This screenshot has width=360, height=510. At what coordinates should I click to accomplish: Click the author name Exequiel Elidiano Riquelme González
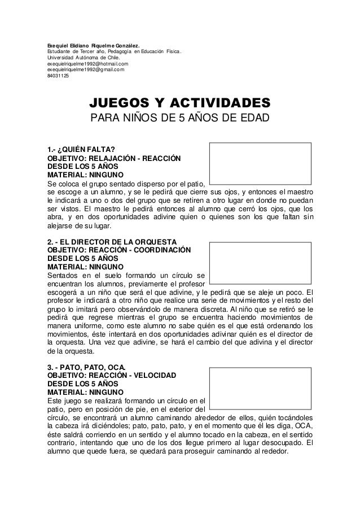pos(94,44)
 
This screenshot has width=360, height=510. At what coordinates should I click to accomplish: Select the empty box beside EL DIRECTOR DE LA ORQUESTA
pos(260,262)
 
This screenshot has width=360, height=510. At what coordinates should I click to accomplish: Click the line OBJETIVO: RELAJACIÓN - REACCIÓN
pos(114,158)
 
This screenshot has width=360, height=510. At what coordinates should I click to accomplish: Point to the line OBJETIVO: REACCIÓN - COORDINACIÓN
pos(119,250)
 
